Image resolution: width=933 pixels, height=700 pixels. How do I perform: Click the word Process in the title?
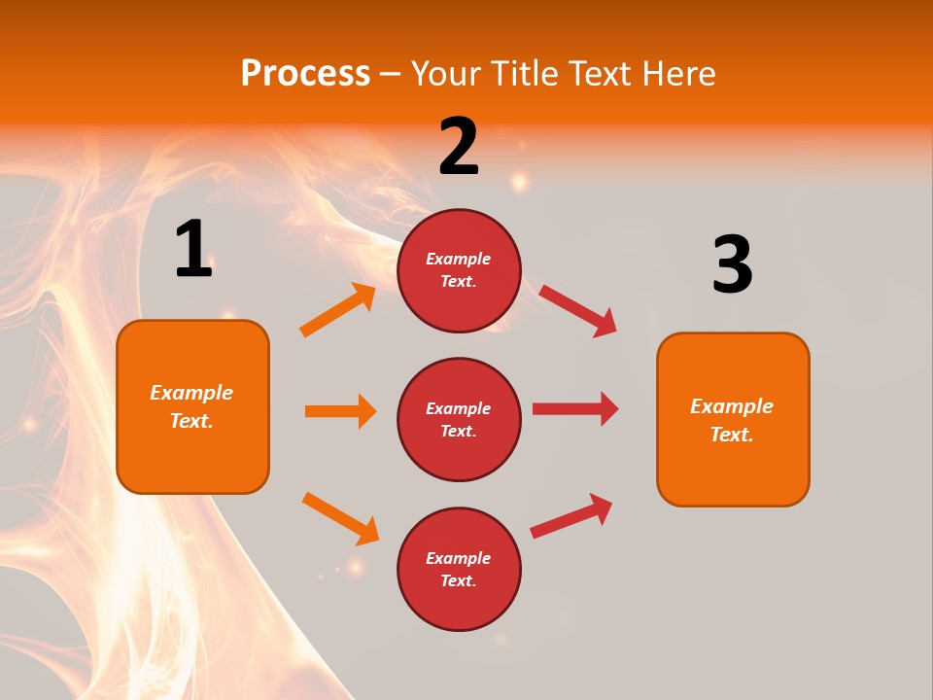[305, 74]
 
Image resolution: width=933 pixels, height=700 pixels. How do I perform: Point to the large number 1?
[193, 249]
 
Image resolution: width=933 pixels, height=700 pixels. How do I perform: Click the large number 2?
[459, 147]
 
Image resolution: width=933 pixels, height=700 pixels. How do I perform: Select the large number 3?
[732, 264]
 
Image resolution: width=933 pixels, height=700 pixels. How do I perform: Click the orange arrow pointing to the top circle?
[338, 310]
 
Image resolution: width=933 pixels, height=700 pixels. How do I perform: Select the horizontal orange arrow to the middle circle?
[340, 411]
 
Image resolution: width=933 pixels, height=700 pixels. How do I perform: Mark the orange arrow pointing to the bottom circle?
[340, 518]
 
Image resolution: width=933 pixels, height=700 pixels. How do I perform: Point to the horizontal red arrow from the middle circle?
[575, 409]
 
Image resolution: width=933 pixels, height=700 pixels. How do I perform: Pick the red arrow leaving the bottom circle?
[571, 516]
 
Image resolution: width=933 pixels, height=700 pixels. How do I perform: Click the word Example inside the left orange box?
[191, 393]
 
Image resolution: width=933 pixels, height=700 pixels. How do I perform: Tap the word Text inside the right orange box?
[731, 435]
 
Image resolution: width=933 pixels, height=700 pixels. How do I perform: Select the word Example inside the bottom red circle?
[458, 558]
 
